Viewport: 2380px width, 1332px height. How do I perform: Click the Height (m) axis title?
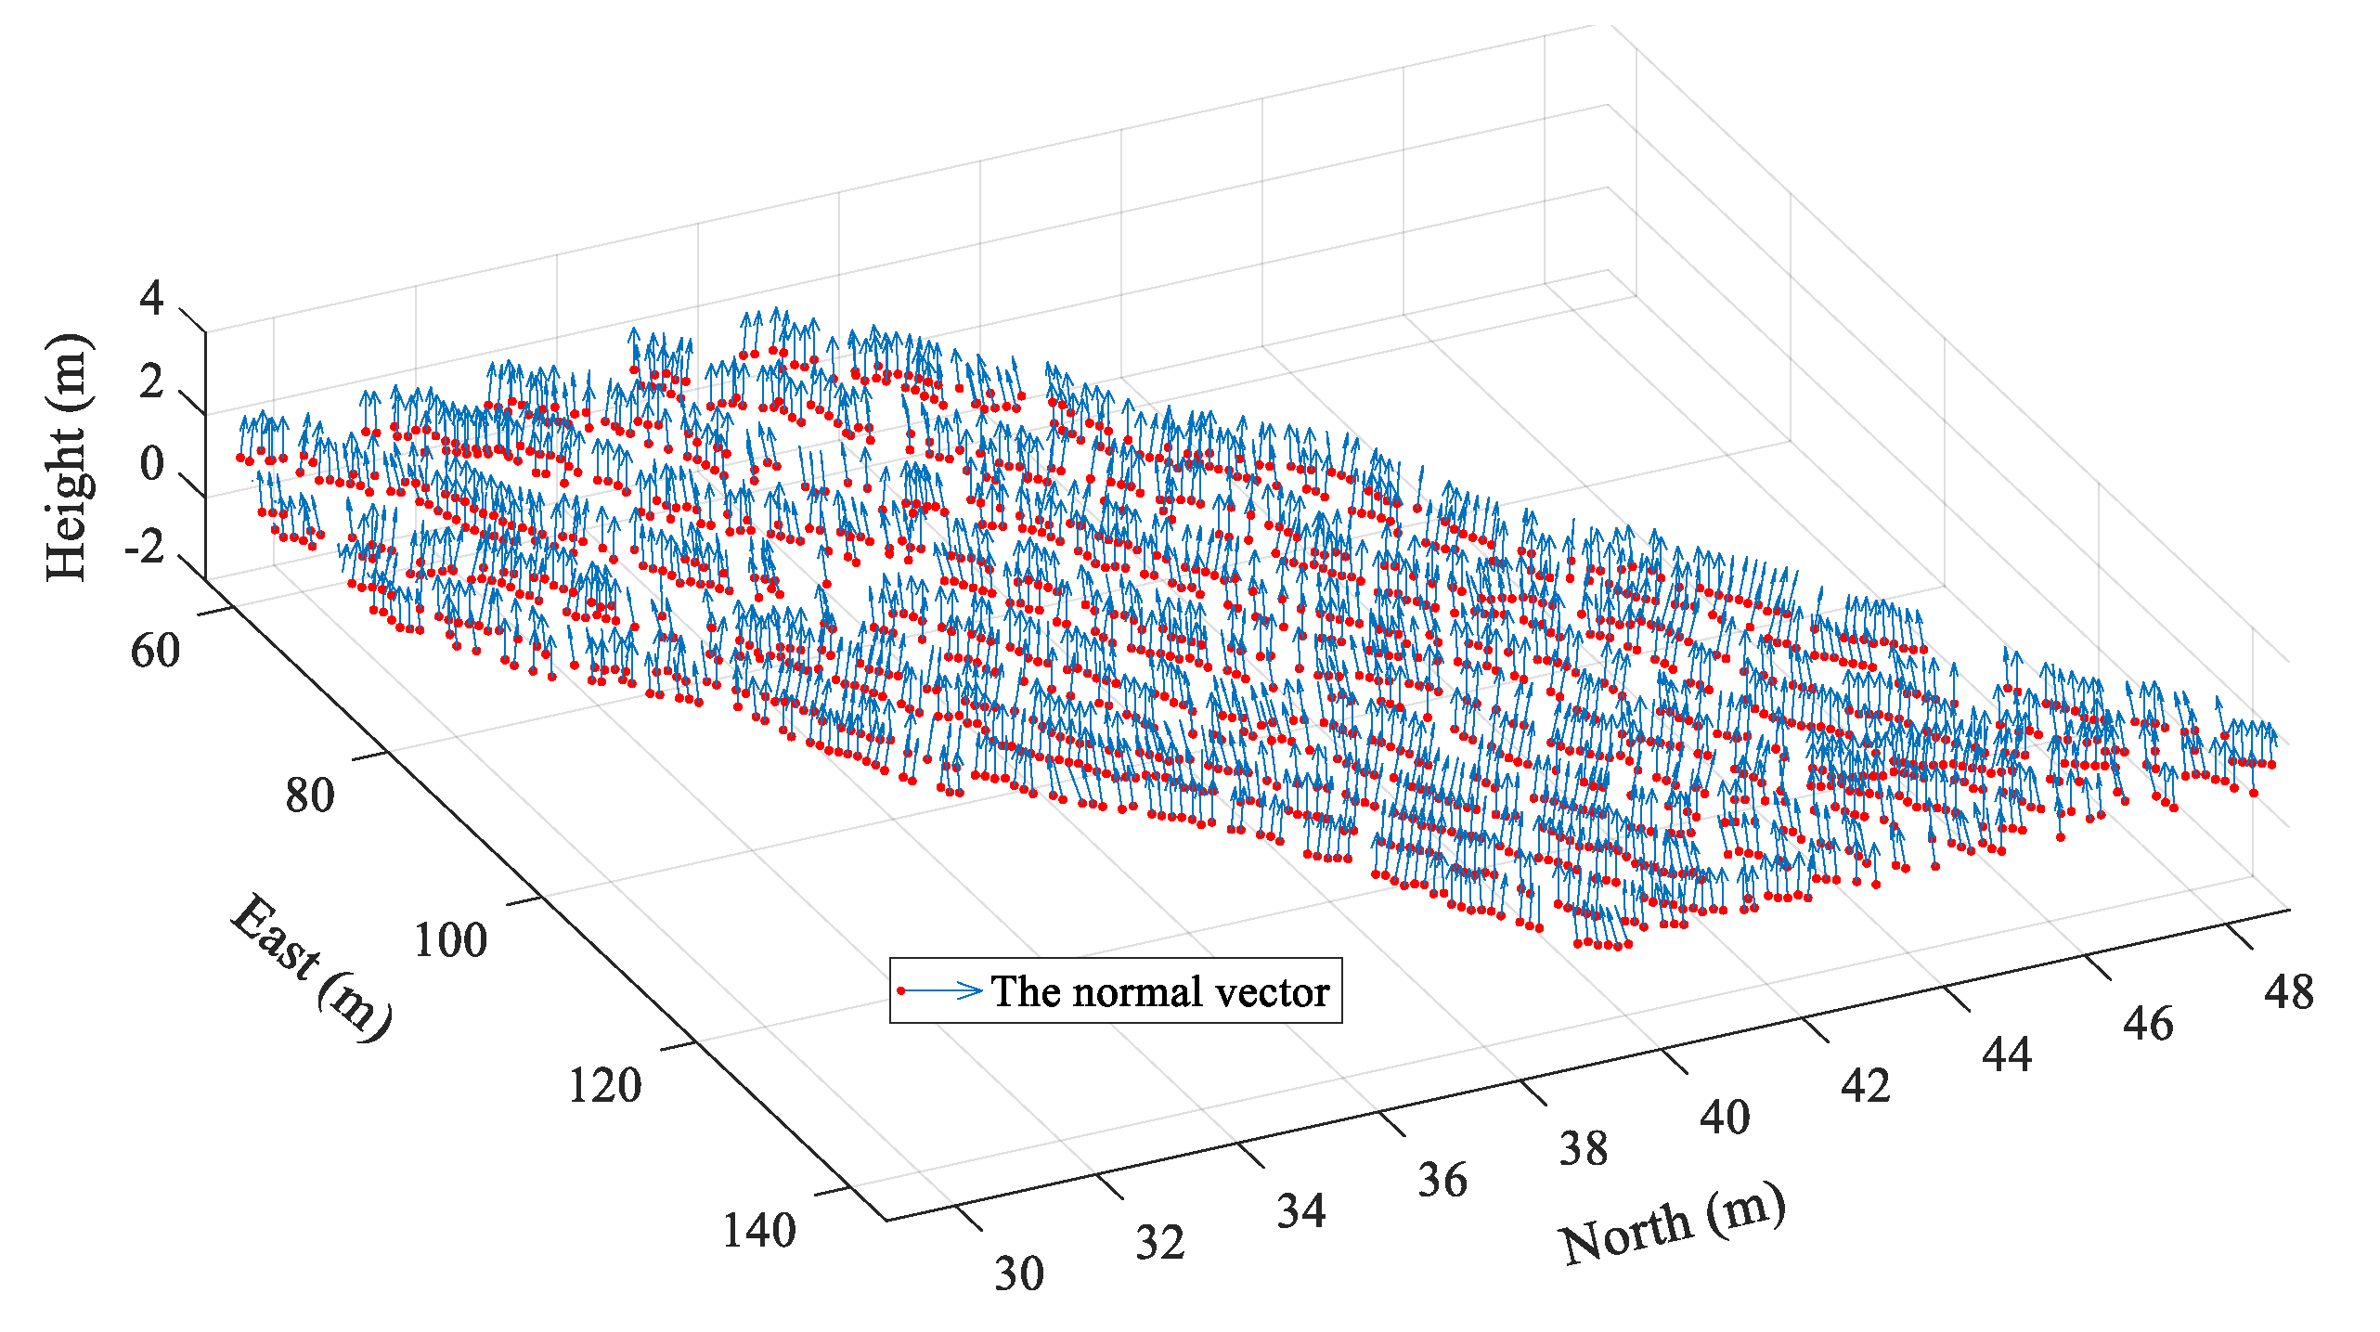(67, 457)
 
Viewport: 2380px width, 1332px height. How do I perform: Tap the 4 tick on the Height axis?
(151, 298)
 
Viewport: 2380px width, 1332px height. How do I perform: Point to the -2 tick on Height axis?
(144, 547)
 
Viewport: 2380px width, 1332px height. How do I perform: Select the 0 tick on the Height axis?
(151, 464)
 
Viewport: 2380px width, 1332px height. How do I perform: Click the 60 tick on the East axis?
(155, 651)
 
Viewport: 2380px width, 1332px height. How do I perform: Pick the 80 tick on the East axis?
(310, 795)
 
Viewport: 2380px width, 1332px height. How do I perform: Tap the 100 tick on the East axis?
(450, 940)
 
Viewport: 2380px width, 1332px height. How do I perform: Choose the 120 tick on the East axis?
(604, 1085)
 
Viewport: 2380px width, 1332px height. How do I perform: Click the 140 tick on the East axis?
(759, 1231)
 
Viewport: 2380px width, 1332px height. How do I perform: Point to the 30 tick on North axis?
(1019, 1274)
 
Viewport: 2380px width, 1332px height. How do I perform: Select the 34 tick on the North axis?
(1301, 1211)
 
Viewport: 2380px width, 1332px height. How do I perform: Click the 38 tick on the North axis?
(1584, 1149)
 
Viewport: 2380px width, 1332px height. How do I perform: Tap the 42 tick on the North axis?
(1866, 1086)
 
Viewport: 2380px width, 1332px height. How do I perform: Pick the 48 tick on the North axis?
(2289, 992)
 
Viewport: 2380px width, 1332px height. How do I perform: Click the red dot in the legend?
(900, 991)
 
